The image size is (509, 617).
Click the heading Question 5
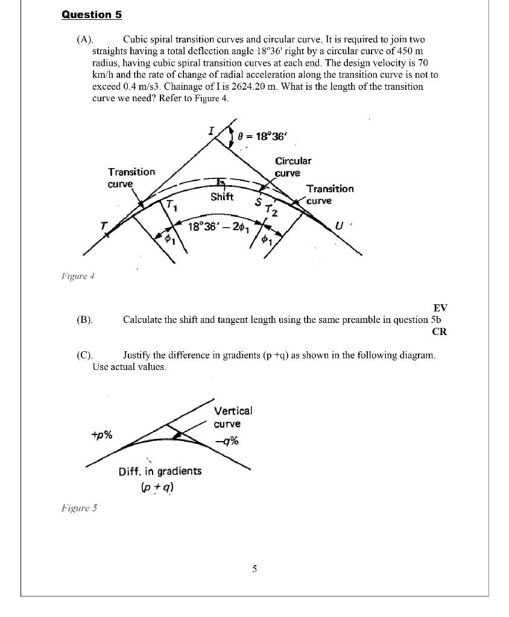[x=87, y=14]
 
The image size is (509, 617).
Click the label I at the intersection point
[x=210, y=130]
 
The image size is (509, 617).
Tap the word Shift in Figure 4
[x=222, y=196]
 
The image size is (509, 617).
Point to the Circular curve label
[x=293, y=167]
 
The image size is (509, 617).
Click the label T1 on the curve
[x=172, y=205]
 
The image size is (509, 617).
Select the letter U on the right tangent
[x=339, y=227]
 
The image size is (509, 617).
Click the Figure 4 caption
[x=78, y=277]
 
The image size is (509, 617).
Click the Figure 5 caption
[x=78, y=508]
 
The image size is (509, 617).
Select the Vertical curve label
[x=233, y=417]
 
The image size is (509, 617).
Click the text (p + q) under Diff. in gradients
[x=160, y=489]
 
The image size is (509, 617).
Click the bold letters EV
[x=440, y=308]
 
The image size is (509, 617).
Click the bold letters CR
[x=440, y=331]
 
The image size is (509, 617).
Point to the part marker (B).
[x=84, y=320]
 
